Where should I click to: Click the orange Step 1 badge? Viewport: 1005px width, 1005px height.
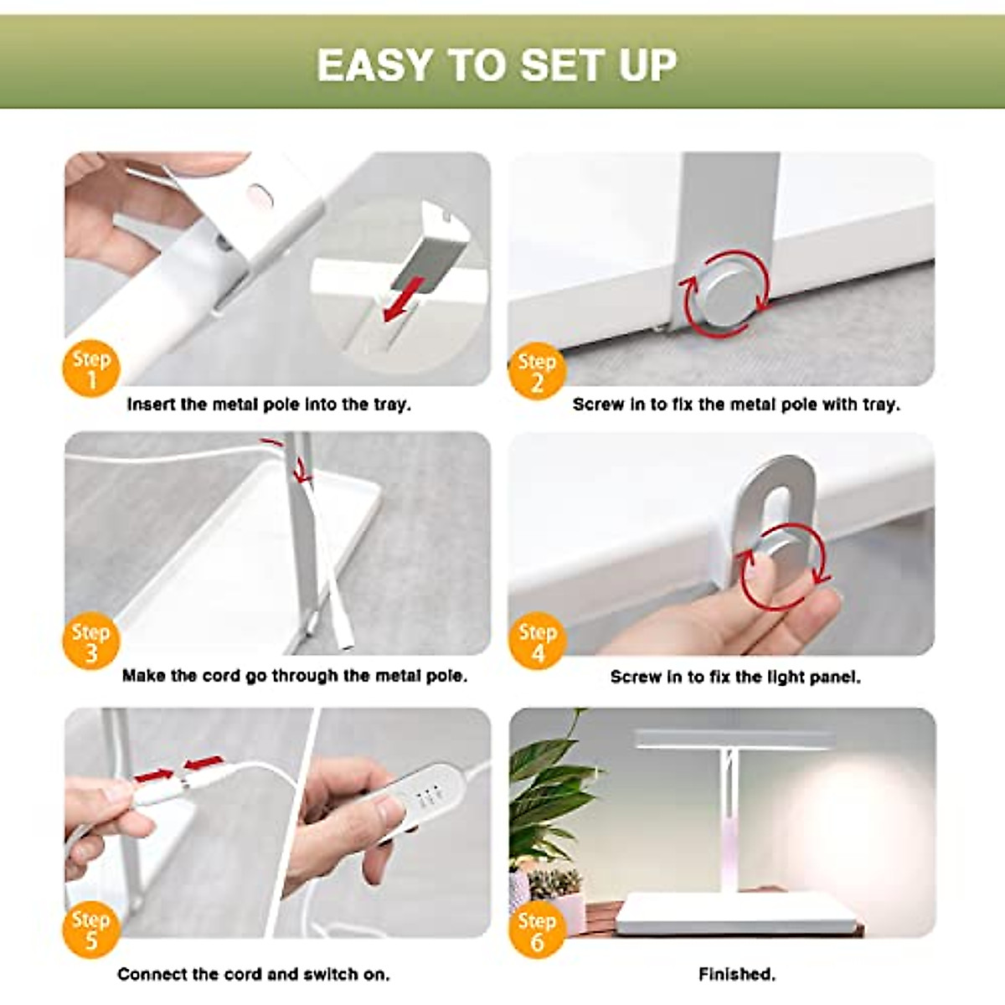pyautogui.click(x=91, y=368)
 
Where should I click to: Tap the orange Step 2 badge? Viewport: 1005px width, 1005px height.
pyautogui.click(x=537, y=370)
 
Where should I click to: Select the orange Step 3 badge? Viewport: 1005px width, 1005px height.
pyautogui.click(x=91, y=641)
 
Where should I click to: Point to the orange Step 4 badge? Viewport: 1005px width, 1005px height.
pyautogui.click(x=537, y=641)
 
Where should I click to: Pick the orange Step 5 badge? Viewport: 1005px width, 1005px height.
pyautogui.click(x=91, y=929)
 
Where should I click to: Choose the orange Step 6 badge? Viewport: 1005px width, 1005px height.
pyautogui.click(x=537, y=930)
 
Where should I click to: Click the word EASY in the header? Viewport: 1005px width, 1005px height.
pyautogui.click(x=374, y=64)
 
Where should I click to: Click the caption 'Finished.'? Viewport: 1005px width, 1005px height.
pyautogui.click(x=737, y=974)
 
